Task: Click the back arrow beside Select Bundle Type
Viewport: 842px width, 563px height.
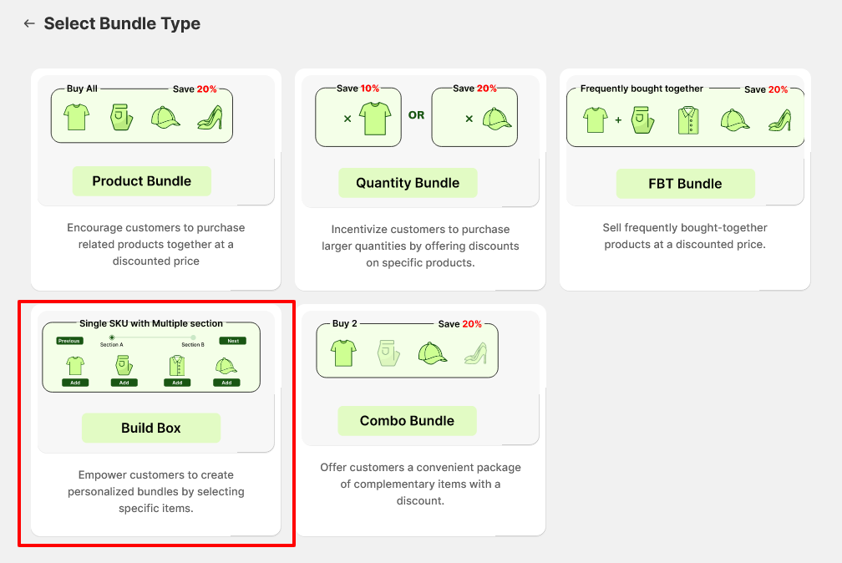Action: (29, 24)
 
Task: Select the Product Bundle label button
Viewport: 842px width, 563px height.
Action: (141, 181)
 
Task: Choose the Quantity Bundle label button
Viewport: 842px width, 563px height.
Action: (408, 183)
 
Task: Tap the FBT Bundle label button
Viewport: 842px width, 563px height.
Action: (685, 184)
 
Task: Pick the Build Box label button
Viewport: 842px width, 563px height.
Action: (150, 428)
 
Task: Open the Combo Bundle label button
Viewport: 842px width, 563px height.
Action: (407, 421)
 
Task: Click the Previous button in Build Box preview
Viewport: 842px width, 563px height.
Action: (69, 341)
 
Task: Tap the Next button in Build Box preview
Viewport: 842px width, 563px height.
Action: (233, 341)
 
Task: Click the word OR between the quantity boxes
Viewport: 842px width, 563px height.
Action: (416, 115)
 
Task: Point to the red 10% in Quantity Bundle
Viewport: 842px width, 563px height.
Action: (370, 89)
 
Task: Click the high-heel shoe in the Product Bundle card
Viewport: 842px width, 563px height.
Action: (208, 117)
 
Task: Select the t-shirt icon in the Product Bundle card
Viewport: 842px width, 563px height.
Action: (76, 117)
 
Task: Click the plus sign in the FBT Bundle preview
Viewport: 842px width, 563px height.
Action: (618, 120)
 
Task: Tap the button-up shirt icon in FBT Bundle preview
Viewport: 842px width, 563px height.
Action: (687, 120)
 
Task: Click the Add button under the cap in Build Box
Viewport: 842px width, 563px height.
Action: (226, 383)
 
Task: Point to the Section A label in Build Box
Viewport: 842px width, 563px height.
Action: (111, 345)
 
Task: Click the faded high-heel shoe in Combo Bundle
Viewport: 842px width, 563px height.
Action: (475, 353)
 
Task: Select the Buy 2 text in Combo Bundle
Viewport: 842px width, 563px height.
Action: (345, 324)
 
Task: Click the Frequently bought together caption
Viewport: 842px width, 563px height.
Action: (642, 89)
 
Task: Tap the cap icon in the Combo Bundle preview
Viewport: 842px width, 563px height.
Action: (431, 353)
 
